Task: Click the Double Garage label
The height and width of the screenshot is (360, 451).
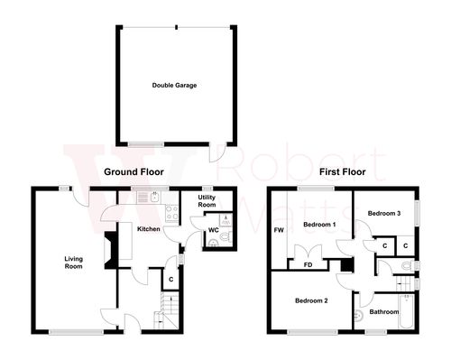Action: (174, 86)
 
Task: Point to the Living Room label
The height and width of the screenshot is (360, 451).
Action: (73, 263)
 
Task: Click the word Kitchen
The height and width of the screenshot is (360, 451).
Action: (148, 229)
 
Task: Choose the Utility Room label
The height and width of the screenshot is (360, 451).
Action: (207, 202)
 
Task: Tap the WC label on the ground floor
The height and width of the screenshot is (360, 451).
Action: (213, 230)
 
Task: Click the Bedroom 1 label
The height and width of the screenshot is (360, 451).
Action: (319, 224)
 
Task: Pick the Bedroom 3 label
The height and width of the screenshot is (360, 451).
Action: (383, 213)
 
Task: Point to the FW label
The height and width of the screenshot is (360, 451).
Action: (278, 231)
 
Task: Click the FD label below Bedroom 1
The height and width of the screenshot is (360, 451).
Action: (308, 265)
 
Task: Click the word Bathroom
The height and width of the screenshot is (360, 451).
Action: (386, 312)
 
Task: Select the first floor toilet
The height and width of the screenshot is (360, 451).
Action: (405, 265)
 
